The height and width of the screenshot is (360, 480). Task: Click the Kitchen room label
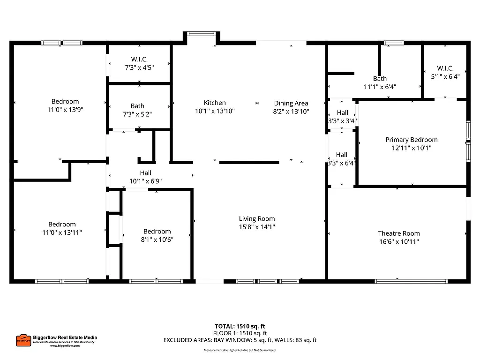pos(215,103)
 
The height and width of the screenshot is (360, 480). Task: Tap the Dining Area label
pos(291,103)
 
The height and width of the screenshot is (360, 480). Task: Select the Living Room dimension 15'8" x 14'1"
pos(257,227)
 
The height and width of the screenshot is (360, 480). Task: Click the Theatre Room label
pos(399,233)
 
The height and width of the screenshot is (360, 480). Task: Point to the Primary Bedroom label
pos(412,140)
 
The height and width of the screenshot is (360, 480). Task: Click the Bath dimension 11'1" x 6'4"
pos(380,87)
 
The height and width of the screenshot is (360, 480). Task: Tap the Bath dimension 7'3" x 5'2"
pos(138,114)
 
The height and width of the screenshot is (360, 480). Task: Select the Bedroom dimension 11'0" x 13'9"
pos(65,109)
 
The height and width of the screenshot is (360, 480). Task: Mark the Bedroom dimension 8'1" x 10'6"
pos(157,240)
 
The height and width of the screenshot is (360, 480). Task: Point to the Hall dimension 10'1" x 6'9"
pos(145,181)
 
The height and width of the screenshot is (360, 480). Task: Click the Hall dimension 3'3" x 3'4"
pos(342,120)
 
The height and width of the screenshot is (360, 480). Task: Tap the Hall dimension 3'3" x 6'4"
pos(342,163)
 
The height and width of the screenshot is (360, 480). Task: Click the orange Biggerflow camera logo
pos(23,340)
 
